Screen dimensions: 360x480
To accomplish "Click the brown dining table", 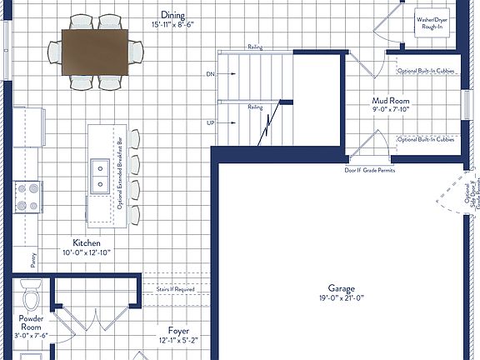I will click(96, 52).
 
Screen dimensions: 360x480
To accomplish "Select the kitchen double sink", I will click(100, 174).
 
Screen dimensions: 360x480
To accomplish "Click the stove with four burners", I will click(27, 197).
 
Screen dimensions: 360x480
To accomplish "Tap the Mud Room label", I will click(390, 100).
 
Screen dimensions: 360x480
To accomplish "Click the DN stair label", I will click(210, 74).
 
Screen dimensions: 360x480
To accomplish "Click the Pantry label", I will click(33, 262).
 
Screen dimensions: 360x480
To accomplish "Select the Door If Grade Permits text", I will click(369, 170).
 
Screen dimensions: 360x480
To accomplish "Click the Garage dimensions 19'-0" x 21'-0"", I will click(342, 297).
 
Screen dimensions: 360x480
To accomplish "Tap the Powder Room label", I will click(31, 323).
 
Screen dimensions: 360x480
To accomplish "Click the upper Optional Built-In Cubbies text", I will click(426, 71).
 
